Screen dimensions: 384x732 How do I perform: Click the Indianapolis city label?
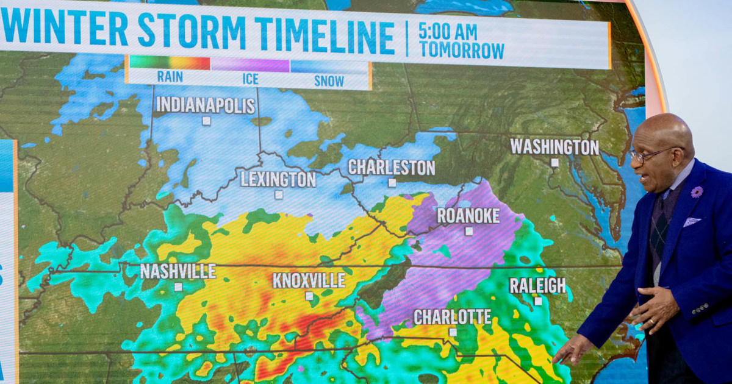coord(206,105)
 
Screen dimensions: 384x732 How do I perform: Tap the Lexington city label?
coord(278,179)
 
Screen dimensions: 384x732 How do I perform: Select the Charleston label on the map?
coord(392,168)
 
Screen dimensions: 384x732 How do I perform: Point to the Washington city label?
coord(554,147)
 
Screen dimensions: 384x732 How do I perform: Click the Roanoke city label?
coord(468,216)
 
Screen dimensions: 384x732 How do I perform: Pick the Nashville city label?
coord(178,271)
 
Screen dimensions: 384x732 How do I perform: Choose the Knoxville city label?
coord(309,280)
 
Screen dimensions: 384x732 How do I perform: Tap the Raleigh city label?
coord(537,285)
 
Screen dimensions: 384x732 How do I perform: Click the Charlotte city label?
coord(452,317)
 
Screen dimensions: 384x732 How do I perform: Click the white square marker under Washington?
coord(554,163)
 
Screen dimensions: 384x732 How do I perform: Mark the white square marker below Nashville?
coord(178,286)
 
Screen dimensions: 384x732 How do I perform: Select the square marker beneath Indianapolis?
coord(206,121)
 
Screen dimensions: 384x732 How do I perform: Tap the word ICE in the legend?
coord(250,79)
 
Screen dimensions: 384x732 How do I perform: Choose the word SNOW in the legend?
coord(329,80)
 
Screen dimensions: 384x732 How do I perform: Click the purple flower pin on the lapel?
coord(696,192)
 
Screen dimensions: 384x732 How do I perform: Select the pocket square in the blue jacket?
coord(692,222)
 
